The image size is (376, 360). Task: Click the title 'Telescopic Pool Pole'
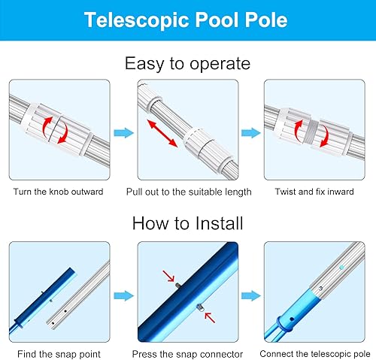[x=187, y=20]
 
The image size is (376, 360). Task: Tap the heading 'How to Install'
[x=187, y=223]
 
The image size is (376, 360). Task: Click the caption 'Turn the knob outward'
[x=58, y=192]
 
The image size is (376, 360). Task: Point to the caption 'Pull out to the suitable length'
[x=188, y=192]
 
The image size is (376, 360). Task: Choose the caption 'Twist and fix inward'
[x=315, y=192]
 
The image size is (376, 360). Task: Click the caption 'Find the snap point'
[x=58, y=353]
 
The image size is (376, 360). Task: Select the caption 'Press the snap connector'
[x=187, y=353]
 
